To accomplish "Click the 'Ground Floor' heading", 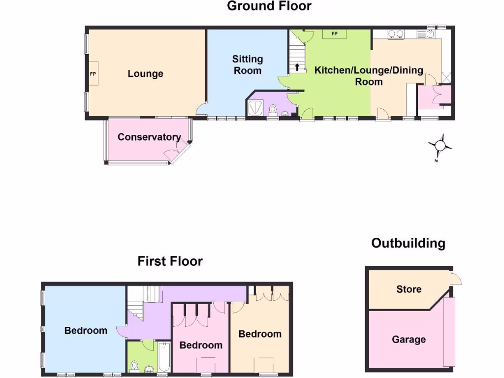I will [x=269, y=6].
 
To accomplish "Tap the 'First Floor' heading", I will [x=170, y=261].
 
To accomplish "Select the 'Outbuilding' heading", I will [x=408, y=243].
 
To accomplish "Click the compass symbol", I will [x=439, y=146].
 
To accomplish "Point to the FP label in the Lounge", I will [x=93, y=74].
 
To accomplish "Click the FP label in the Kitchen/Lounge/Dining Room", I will [x=334, y=34].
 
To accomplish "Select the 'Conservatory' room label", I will [x=149, y=137].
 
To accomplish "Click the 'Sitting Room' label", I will [x=248, y=64].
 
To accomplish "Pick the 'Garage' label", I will [x=409, y=340].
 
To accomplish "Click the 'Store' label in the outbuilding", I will [x=409, y=289].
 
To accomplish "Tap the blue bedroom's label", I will [x=86, y=330].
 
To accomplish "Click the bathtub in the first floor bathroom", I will [x=164, y=358].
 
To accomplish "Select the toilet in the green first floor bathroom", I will [x=134, y=365].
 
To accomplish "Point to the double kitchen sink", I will [x=396, y=34].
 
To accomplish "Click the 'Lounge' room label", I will [x=145, y=74].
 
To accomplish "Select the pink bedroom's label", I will [x=201, y=345].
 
